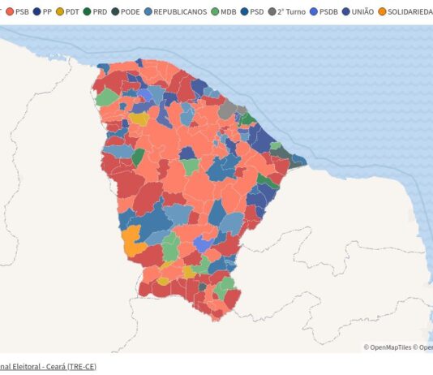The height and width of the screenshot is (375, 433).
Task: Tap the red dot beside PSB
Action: point(9,12)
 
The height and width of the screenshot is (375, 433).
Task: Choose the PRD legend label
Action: point(99,12)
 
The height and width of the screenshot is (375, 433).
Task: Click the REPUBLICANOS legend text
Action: point(179,12)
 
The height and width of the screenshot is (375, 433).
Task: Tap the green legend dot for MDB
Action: point(215,12)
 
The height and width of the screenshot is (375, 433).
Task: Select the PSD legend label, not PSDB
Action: point(257,12)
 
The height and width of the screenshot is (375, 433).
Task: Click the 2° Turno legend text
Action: point(290,12)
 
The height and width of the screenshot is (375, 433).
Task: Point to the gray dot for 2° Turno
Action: point(272,12)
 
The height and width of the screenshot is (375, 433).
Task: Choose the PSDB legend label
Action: point(328,12)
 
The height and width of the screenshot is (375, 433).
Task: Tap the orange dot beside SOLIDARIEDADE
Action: point(382,12)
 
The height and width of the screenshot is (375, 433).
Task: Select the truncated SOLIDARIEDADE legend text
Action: point(409,12)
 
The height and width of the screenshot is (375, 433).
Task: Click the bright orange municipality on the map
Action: point(131,241)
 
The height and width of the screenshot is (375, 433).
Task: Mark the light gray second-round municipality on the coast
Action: point(228,109)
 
